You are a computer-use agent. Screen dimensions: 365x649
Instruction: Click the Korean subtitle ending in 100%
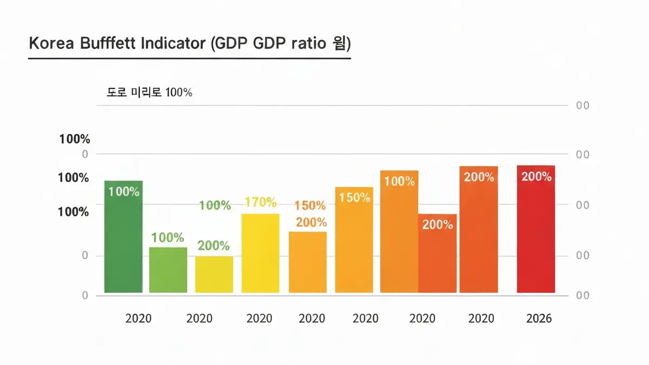point(150,92)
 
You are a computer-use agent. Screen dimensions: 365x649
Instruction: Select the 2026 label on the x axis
point(539,319)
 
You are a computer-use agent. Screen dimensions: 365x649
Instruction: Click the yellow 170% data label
point(261,203)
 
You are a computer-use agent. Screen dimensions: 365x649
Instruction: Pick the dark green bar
point(123,243)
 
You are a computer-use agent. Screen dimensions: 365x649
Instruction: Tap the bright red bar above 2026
point(536,238)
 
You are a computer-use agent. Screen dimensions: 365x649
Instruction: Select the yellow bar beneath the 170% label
point(261,254)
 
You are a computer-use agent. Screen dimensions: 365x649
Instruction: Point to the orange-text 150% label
point(310,206)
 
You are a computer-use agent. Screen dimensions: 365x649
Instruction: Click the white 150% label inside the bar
point(354,198)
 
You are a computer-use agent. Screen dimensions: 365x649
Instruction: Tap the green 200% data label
point(214,246)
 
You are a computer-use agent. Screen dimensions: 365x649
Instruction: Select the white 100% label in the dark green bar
point(124,192)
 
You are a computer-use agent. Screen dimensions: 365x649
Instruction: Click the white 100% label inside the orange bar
point(399,181)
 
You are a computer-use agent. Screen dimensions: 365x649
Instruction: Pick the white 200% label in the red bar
point(536,177)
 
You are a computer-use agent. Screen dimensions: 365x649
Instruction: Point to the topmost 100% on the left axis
point(75,139)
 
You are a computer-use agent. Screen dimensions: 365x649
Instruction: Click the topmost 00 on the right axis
point(582,106)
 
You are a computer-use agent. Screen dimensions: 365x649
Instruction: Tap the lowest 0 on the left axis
point(85,295)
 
